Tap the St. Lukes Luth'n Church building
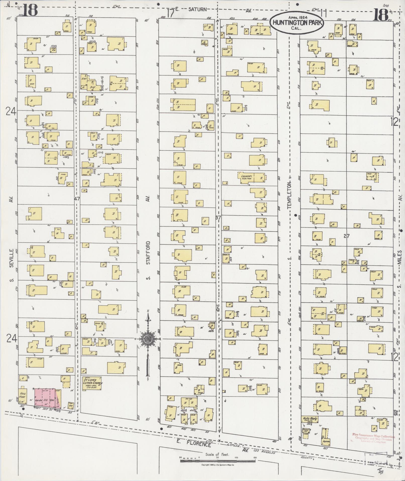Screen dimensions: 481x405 click(x=92, y=383)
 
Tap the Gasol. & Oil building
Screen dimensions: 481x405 click(x=306, y=431)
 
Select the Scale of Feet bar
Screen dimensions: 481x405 click(x=218, y=461)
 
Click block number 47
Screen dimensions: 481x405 click(x=77, y=199)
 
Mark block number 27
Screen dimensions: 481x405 click(x=346, y=236)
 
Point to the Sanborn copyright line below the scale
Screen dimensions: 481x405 click(x=218, y=465)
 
